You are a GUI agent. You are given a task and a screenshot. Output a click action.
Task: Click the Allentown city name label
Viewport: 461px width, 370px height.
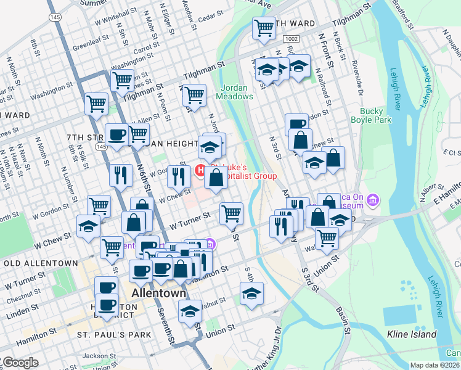point(159,293)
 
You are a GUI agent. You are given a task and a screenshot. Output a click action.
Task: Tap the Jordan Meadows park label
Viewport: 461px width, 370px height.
point(234,92)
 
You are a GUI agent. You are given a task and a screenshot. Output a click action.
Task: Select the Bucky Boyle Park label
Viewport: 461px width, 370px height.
point(376,115)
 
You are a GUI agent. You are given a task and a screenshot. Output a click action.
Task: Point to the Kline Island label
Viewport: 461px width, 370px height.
point(412,335)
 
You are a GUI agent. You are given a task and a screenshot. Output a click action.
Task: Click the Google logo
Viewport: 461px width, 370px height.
point(20,363)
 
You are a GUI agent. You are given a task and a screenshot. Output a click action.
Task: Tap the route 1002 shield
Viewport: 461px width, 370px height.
point(292,39)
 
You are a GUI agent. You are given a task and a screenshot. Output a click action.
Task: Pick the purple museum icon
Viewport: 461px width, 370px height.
point(373,200)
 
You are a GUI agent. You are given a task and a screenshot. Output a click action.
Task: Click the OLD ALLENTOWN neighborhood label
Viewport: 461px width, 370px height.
point(40,263)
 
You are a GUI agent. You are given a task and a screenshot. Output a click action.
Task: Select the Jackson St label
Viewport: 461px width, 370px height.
point(99,356)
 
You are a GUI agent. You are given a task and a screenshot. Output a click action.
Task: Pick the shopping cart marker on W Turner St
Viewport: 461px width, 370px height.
point(231,213)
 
